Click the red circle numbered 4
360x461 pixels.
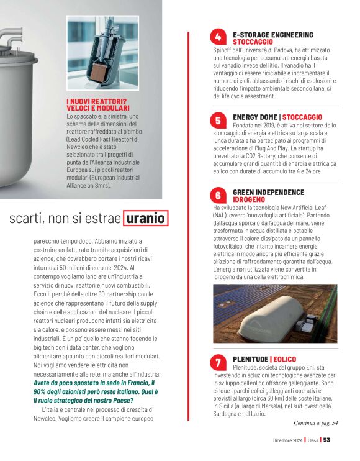point(218,39)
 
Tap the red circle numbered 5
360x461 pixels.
point(218,120)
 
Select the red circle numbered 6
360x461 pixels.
point(218,196)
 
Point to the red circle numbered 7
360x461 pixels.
point(218,363)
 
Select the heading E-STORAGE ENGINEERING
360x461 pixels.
point(272,35)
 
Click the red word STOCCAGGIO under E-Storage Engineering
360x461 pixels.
point(252,42)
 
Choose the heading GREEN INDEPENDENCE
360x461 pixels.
point(268,193)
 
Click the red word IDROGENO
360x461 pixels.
point(249,199)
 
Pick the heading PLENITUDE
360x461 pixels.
point(250,360)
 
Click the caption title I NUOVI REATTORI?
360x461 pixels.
point(96,102)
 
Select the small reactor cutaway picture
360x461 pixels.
point(103,55)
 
